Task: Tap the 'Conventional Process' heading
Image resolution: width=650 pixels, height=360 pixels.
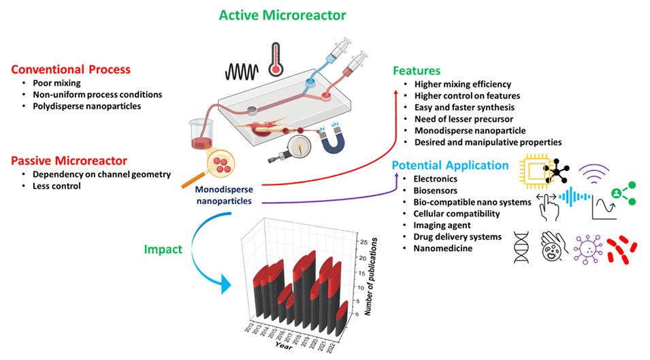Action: pyautogui.click(x=71, y=69)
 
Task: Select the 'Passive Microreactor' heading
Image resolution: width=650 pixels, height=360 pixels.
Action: pyautogui.click(x=69, y=161)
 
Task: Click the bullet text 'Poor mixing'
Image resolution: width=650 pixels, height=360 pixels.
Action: pyautogui.click(x=57, y=83)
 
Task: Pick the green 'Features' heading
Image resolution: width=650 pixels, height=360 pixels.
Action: pyautogui.click(x=417, y=71)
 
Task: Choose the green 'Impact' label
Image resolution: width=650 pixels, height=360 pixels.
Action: pyautogui.click(x=163, y=249)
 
